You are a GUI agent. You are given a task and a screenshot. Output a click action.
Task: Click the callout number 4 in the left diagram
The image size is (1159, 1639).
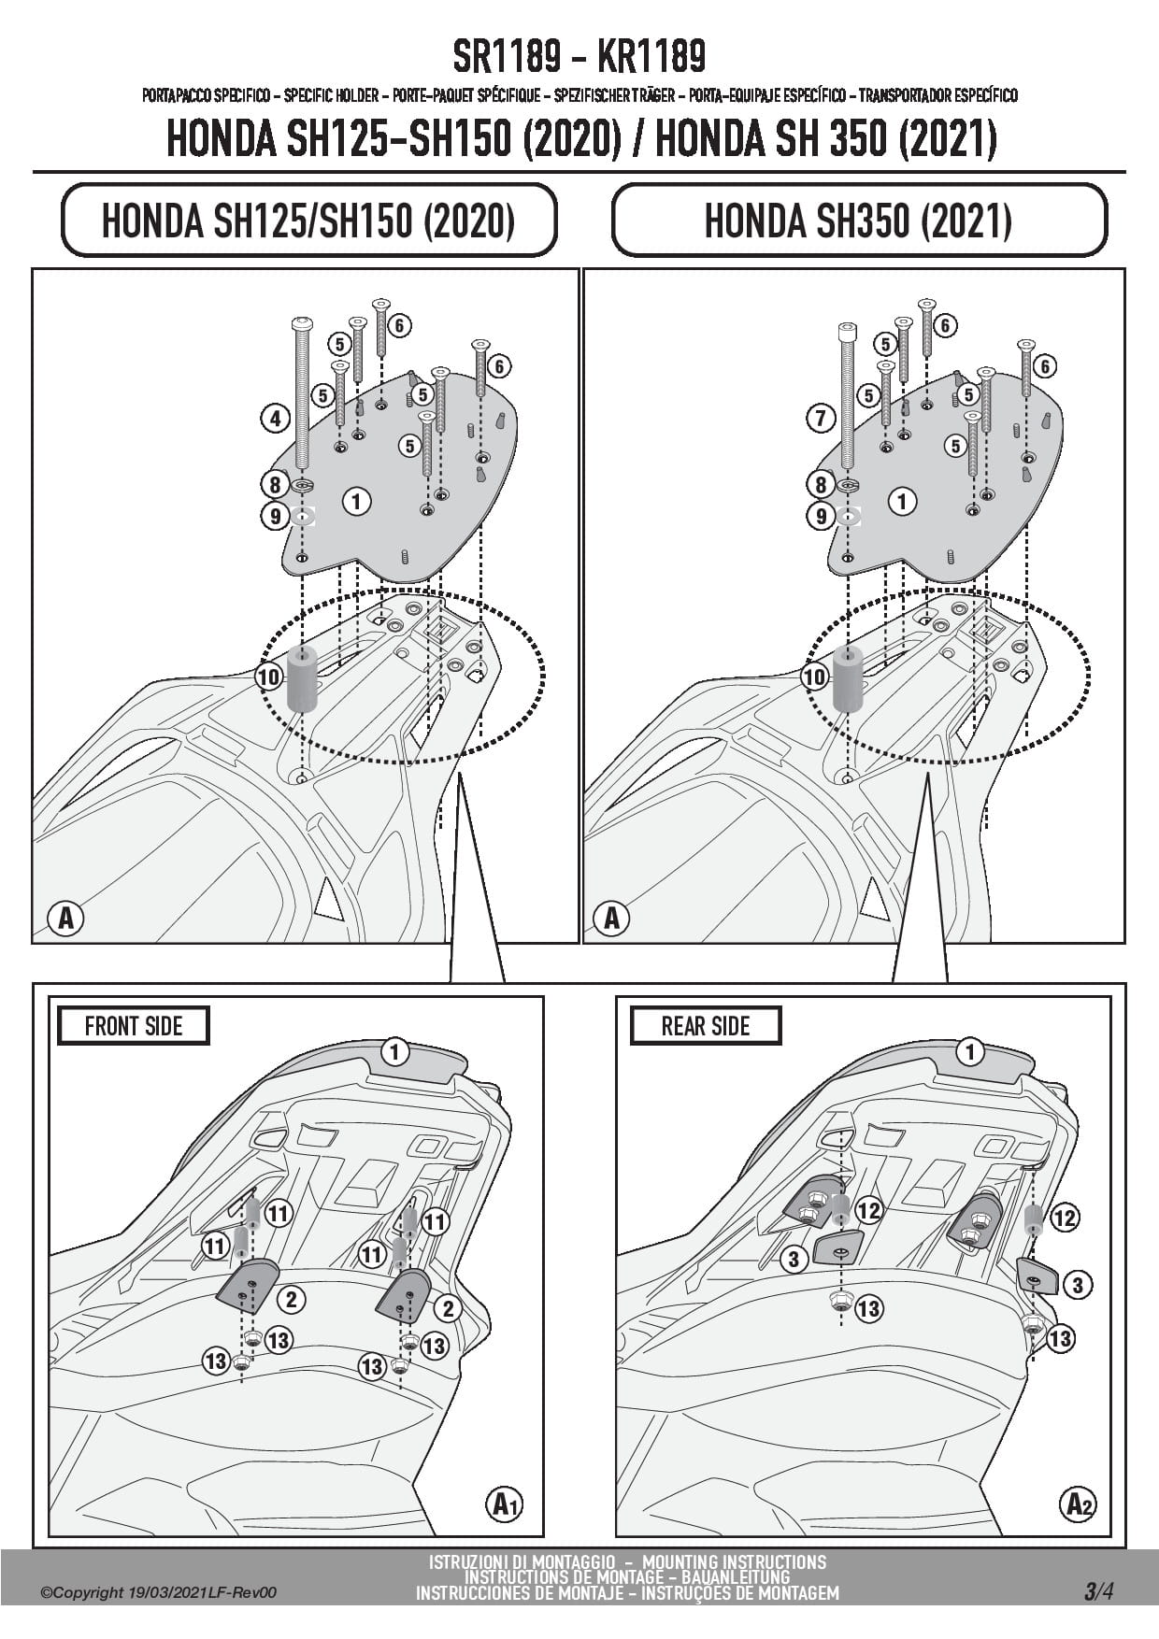(274, 418)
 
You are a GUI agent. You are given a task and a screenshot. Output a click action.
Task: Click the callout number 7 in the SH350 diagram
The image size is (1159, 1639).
(821, 418)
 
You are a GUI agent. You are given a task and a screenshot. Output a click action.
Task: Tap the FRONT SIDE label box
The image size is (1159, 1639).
(133, 1025)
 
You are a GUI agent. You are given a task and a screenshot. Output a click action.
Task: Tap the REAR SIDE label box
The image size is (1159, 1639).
(706, 1025)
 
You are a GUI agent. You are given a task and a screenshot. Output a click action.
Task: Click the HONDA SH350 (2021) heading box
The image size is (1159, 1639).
(858, 221)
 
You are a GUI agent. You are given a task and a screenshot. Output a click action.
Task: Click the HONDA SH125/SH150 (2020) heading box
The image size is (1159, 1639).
(308, 221)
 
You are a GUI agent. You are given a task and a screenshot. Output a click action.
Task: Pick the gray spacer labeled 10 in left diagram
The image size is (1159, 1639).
(301, 677)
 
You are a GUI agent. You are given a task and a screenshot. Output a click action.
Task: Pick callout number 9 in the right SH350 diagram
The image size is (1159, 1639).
(821, 515)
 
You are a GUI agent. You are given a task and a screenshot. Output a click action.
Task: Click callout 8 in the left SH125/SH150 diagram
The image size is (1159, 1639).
(274, 484)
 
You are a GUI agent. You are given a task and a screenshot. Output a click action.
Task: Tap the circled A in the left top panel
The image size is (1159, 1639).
(65, 919)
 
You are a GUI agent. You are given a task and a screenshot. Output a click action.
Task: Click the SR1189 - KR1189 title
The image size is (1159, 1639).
(579, 57)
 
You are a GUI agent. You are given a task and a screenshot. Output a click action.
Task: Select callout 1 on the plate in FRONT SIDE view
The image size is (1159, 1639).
(395, 1053)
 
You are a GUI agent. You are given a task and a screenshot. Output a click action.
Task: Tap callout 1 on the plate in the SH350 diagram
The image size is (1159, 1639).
(902, 502)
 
